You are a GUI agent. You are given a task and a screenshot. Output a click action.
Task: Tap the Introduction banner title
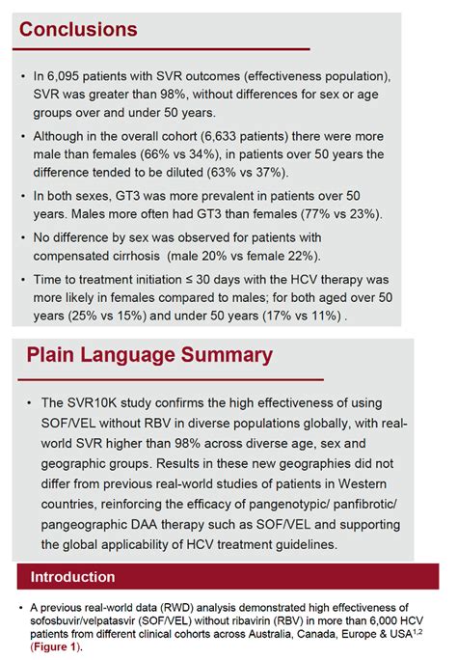(74, 577)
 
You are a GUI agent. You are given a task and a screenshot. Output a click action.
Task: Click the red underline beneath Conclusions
(165, 48)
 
